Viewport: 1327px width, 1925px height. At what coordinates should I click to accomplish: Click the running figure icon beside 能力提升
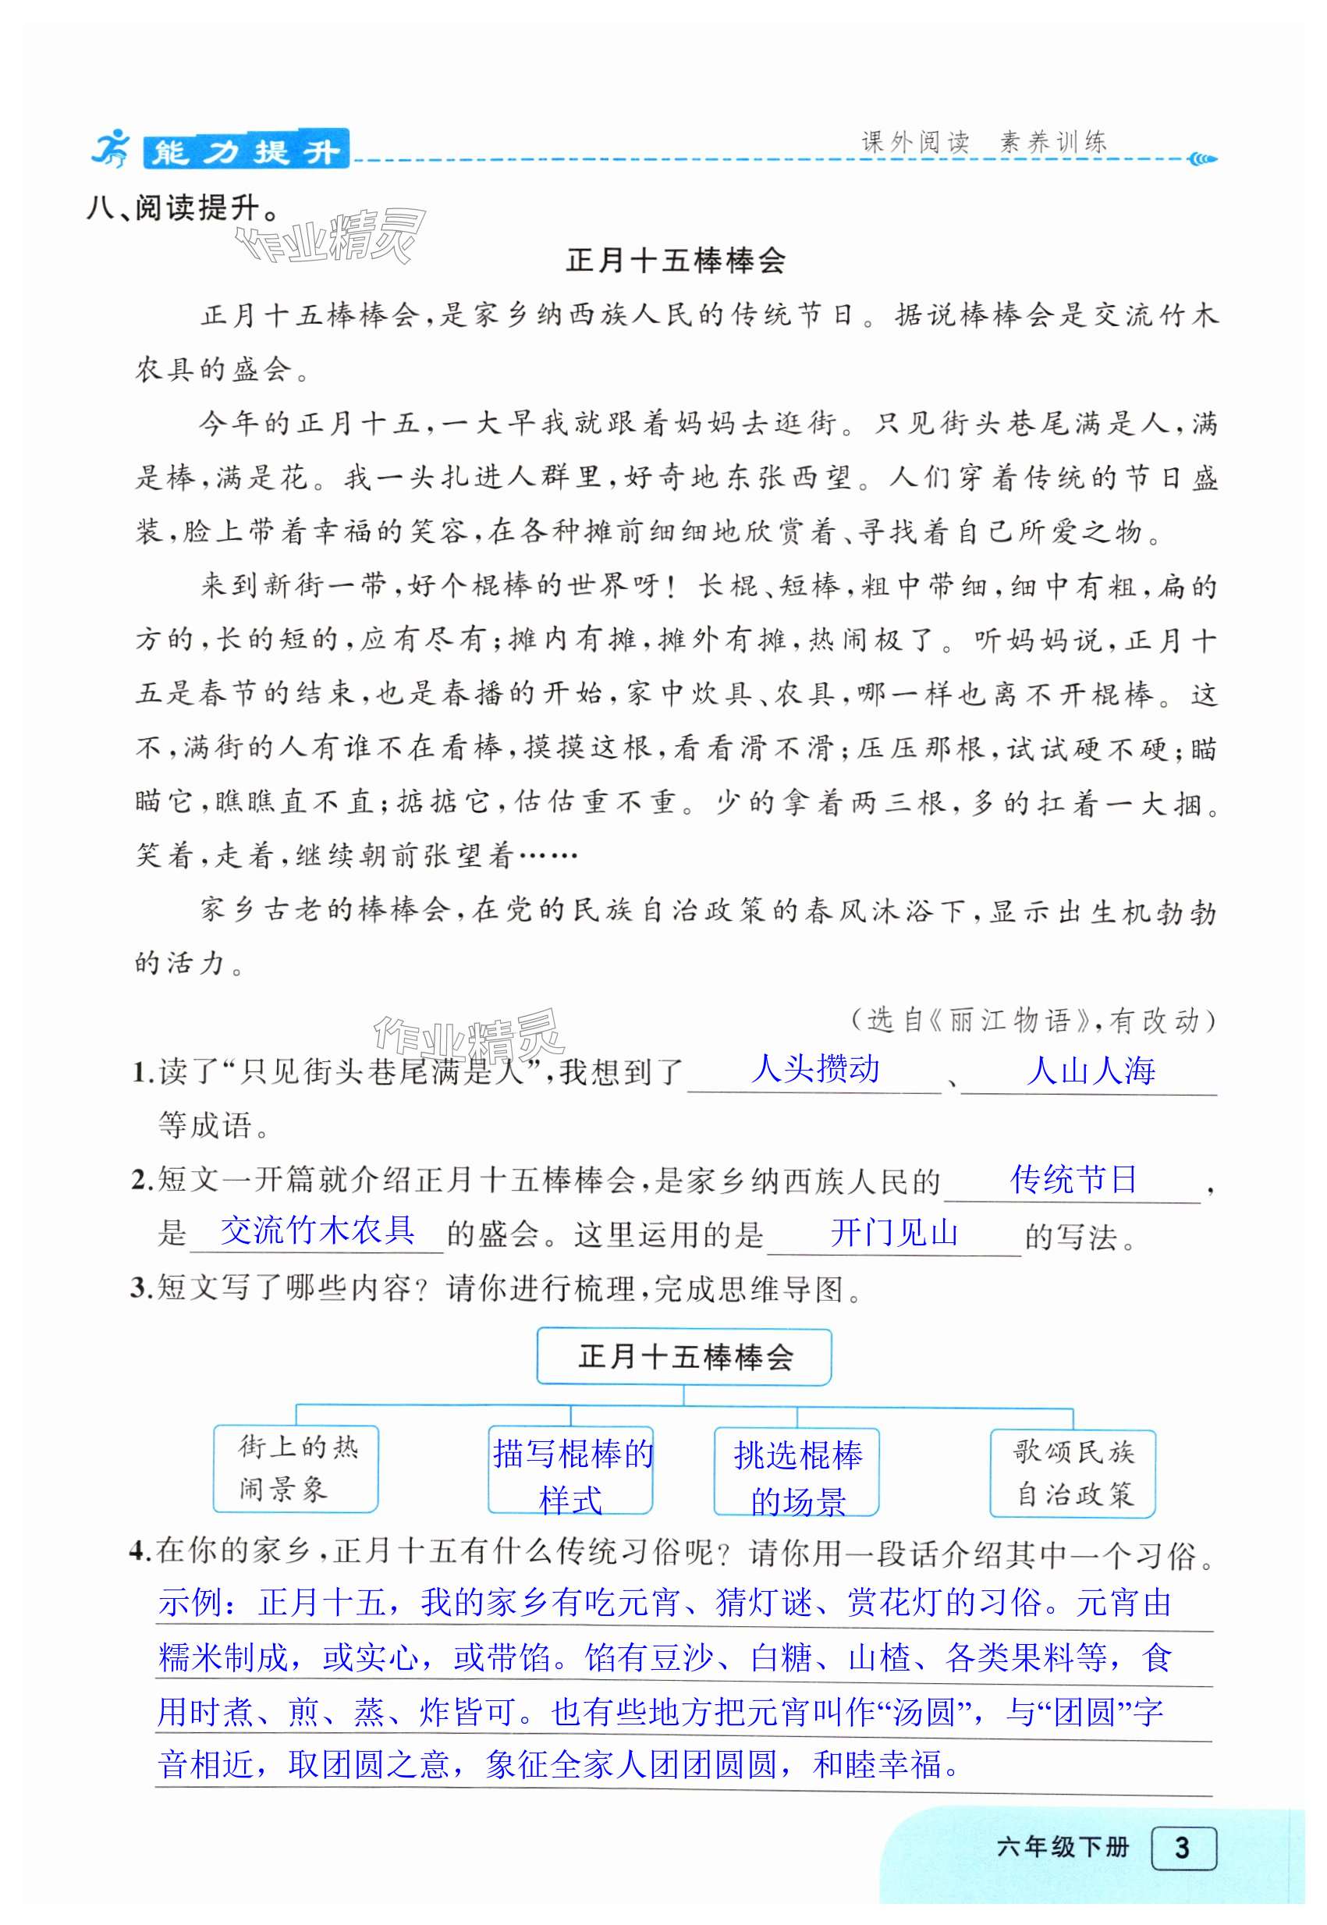pyautogui.click(x=111, y=149)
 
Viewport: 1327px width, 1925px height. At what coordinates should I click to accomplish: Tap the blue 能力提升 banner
pyautogui.click(x=246, y=151)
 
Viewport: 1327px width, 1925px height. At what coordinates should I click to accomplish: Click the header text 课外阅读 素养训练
pyautogui.click(x=984, y=142)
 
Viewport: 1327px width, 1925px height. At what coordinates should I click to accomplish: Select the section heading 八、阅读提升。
pyautogui.click(x=183, y=208)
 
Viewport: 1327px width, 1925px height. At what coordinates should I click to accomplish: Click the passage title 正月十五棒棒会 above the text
pyautogui.click(x=675, y=261)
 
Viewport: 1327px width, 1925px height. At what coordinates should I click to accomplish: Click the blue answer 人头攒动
pyautogui.click(x=814, y=1069)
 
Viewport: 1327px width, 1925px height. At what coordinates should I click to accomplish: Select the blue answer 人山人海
pyautogui.click(x=1090, y=1071)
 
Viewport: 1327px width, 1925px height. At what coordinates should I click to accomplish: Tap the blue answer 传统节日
pyautogui.click(x=1073, y=1179)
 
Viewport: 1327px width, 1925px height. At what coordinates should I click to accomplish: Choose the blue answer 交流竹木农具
pyautogui.click(x=317, y=1231)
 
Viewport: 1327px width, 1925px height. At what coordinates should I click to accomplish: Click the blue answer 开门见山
pyautogui.click(x=894, y=1233)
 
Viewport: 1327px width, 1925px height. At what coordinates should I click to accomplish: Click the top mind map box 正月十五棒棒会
pyautogui.click(x=683, y=1358)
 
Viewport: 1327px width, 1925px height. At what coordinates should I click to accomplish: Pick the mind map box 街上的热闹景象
pyautogui.click(x=296, y=1469)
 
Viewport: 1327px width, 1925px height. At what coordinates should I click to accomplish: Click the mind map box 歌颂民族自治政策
pyautogui.click(x=1073, y=1473)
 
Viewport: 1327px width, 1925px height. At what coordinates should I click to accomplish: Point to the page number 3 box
pyautogui.click(x=1183, y=1847)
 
